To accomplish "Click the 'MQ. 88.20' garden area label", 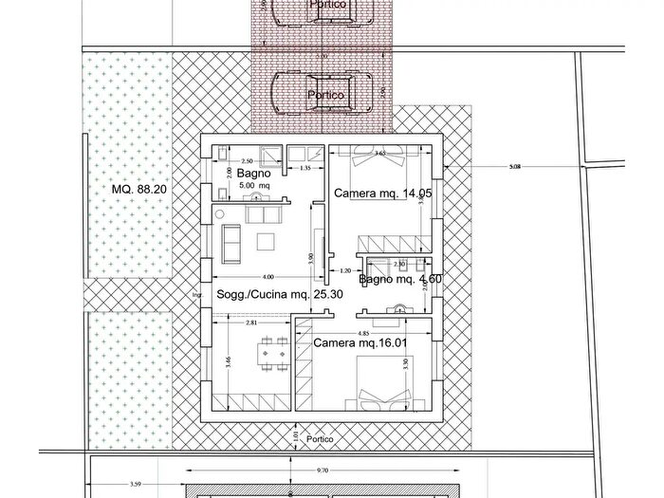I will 139,190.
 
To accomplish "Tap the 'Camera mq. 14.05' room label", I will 382,193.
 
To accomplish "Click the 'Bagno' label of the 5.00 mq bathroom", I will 254,175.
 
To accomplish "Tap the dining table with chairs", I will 274,352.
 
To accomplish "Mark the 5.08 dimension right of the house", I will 515,167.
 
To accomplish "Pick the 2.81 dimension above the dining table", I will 251,323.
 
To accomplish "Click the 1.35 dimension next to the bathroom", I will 305,168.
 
